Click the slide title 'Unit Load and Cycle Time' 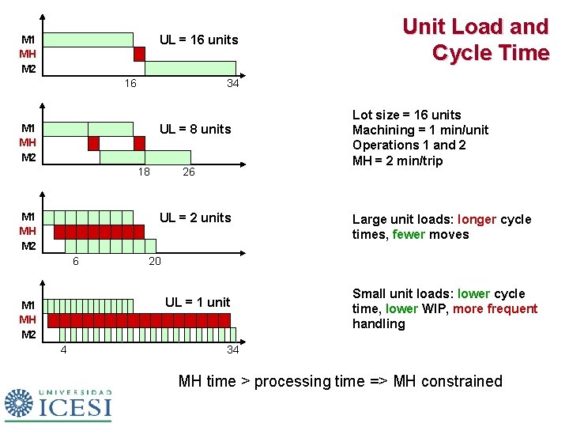[475, 40]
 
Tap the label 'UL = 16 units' [198, 40]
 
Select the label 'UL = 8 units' [195, 129]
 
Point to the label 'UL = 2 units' [195, 217]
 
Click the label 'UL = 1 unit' [197, 301]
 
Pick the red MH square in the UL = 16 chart [139, 54]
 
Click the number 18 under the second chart [143, 172]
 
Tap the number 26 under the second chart [189, 172]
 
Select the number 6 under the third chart [76, 261]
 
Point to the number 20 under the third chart [156, 261]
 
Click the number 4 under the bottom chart [64, 350]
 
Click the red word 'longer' [477, 219]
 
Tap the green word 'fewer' [409, 234]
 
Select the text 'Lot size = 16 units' [406, 115]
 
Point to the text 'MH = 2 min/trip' [398, 161]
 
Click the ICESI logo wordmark [75, 408]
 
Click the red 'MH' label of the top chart [28, 54]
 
